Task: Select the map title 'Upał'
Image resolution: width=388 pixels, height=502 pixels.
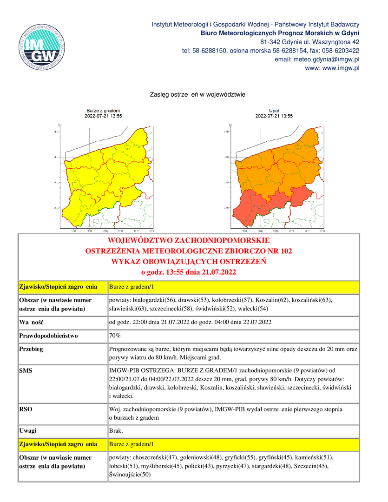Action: click(x=274, y=111)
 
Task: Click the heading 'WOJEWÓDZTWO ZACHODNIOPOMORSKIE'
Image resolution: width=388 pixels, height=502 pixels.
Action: click(x=188, y=241)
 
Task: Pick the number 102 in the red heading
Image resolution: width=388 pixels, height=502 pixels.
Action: click(x=286, y=251)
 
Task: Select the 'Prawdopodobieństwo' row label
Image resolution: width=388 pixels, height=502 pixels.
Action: click(x=48, y=336)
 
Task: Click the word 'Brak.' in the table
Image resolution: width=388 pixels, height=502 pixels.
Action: click(x=116, y=431)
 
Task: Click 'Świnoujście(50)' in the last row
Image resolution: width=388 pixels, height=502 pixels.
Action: click(x=130, y=475)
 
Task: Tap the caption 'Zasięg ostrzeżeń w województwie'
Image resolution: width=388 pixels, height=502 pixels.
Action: click(x=197, y=94)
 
